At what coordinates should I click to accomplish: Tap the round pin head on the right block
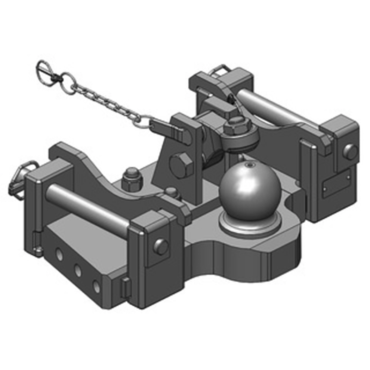click(x=350, y=152)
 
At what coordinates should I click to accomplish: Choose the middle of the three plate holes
click(x=77, y=270)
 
